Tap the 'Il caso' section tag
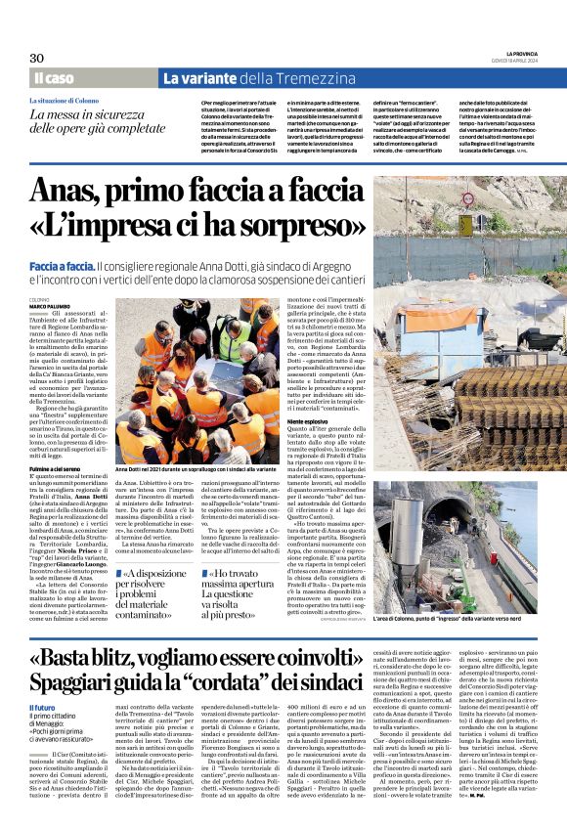[54, 78]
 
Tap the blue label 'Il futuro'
[43, 706]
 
